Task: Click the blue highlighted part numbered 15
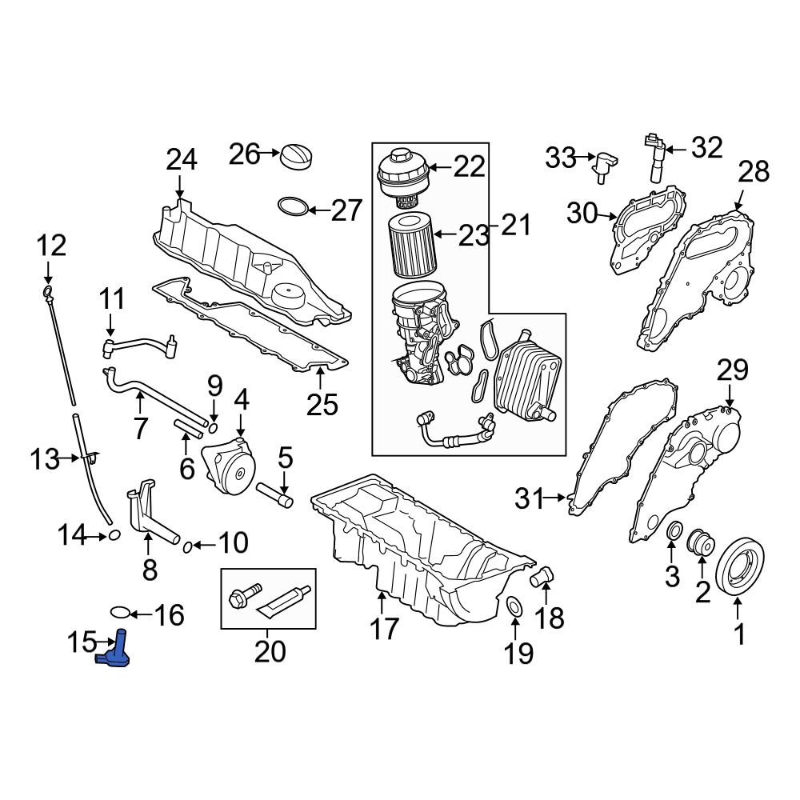pos(117,650)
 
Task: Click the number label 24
pos(181,160)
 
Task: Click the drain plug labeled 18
pos(544,576)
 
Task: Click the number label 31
pos(529,499)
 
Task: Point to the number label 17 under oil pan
pos(384,629)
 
